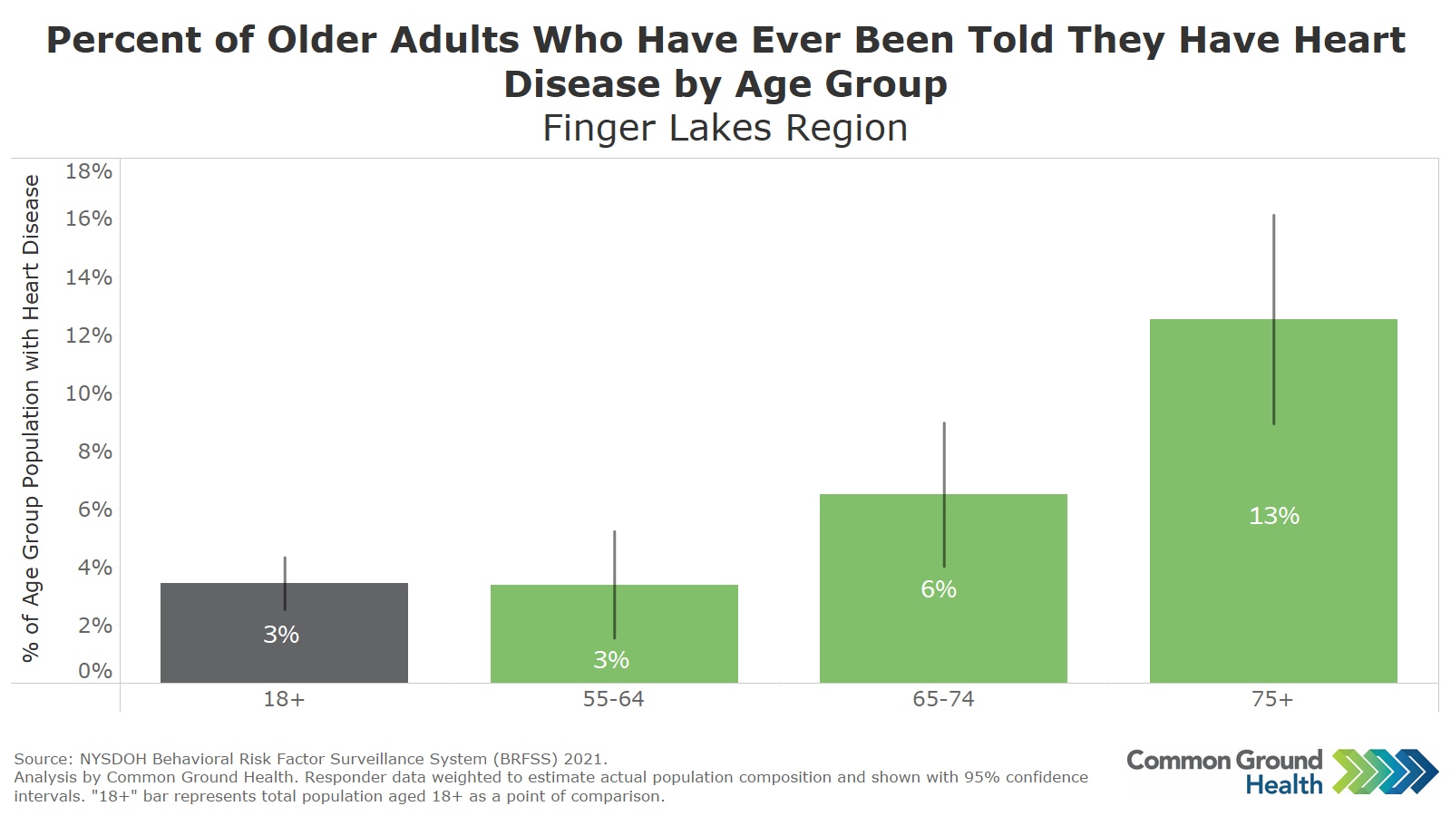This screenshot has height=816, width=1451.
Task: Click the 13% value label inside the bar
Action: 1274,516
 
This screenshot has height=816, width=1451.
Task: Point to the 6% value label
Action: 939,589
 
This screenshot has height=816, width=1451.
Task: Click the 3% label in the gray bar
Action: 281,635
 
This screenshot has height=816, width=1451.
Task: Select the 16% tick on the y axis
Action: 89,219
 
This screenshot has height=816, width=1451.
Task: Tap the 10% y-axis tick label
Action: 89,393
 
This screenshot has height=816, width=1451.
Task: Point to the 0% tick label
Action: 95,671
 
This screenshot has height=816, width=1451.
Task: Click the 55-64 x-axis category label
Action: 614,699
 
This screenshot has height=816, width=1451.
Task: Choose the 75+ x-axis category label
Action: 1272,699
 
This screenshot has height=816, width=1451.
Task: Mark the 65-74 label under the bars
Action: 943,699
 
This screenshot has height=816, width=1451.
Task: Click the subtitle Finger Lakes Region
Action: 725,128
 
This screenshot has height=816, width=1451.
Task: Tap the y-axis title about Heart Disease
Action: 32,417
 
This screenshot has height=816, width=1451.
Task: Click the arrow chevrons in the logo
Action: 1385,772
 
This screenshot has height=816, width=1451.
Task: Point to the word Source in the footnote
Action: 43,759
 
